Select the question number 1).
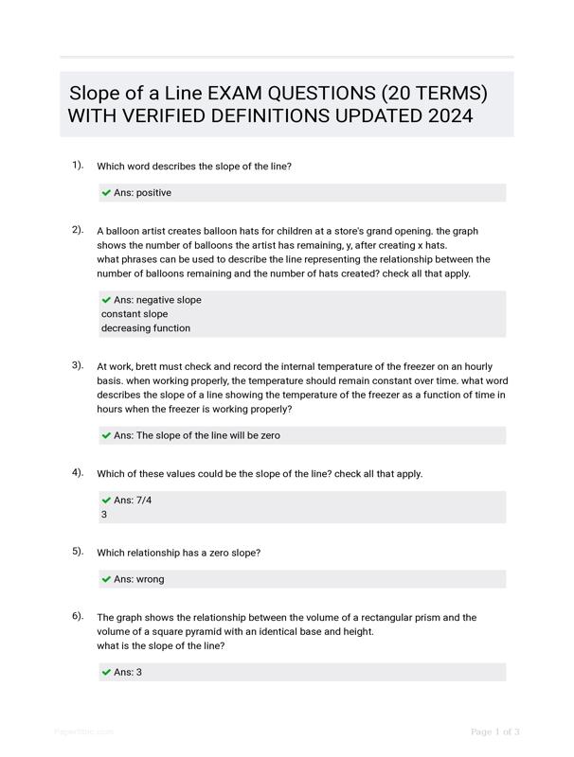pyautogui.click(x=78, y=165)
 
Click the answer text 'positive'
pyautogui.click(x=153, y=193)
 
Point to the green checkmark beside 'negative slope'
pyautogui.click(x=106, y=300)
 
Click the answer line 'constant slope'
pyautogui.click(x=135, y=314)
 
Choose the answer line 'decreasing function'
pyautogui.click(x=146, y=328)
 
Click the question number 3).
pyautogui.click(x=78, y=364)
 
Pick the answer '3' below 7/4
pyautogui.click(x=104, y=515)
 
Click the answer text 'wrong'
pyautogui.click(x=150, y=579)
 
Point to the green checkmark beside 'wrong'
pyautogui.click(x=106, y=579)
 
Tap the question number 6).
pyautogui.click(x=78, y=616)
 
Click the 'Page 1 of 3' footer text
pyautogui.click(x=494, y=731)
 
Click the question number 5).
pyautogui.click(x=78, y=551)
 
